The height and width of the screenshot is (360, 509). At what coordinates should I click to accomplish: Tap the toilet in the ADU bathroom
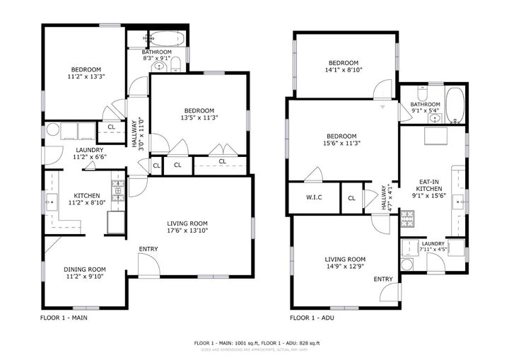423,93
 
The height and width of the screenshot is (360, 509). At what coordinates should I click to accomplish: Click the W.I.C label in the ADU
314,197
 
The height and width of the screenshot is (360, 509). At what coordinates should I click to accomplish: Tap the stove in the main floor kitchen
118,188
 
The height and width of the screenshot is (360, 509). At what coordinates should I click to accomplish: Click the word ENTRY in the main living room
148,248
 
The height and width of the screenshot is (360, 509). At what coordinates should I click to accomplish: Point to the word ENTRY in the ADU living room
382,279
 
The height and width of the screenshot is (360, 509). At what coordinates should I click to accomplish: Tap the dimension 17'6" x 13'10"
187,230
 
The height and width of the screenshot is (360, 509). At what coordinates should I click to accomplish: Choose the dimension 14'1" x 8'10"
344,69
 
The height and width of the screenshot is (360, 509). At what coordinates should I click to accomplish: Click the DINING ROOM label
85,269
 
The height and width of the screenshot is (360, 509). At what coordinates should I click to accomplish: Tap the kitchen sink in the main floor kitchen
52,202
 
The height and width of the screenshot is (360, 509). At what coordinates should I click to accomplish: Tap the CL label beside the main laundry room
111,127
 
